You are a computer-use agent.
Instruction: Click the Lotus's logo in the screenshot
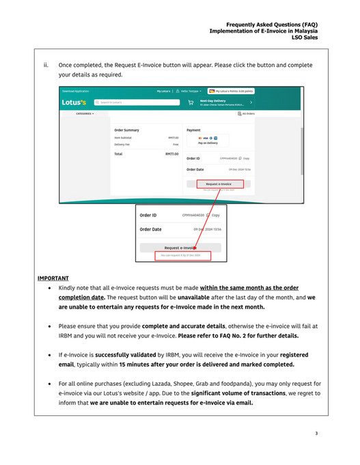[x=74, y=103]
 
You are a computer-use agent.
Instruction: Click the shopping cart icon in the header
[x=191, y=103]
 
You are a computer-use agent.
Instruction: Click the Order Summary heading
[x=127, y=129]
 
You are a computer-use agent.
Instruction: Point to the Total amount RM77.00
[x=172, y=154]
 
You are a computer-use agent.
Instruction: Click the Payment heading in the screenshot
[x=193, y=129]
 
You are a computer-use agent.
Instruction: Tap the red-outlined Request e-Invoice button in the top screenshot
[x=219, y=184]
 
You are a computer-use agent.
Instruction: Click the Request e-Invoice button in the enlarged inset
[x=181, y=248]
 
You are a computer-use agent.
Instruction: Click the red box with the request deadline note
[x=181, y=256]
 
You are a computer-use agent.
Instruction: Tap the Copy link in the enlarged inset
[x=215, y=215]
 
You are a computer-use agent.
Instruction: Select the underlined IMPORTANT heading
[x=53, y=279]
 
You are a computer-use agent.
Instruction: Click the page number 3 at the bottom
[x=316, y=433]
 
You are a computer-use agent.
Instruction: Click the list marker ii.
[x=46, y=66]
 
